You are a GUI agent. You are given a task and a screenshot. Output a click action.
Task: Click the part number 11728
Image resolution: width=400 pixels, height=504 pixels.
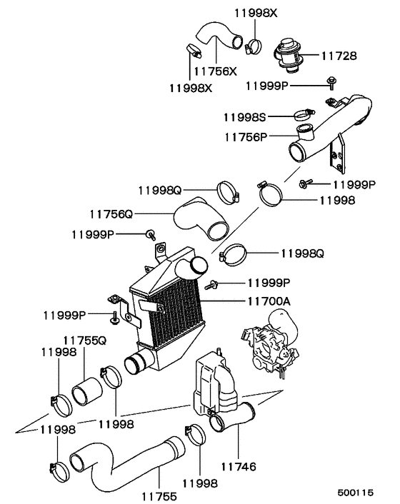344,55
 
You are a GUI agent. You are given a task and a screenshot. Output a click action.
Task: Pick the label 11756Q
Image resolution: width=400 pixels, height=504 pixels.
111,213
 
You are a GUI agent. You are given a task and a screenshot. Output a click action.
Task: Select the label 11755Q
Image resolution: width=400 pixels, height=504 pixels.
85,341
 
